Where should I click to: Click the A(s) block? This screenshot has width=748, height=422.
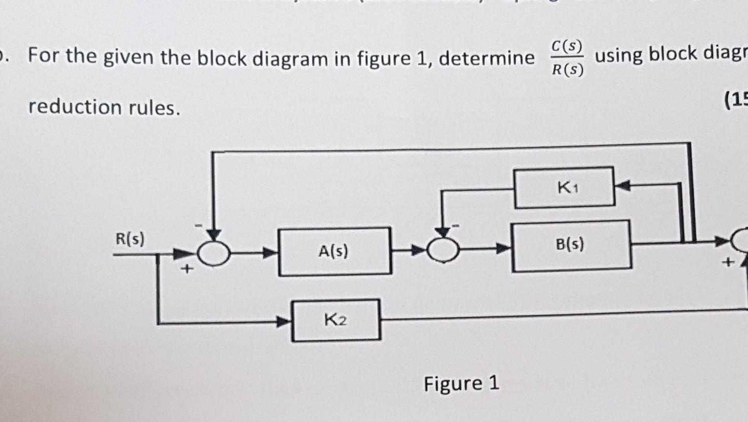point(335,252)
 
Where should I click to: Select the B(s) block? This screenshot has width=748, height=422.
point(571,245)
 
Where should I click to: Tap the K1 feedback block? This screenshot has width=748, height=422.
point(564,187)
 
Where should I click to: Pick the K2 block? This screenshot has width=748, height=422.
point(336,320)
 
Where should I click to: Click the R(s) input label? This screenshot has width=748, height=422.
point(130,240)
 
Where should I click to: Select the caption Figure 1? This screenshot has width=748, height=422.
point(461,384)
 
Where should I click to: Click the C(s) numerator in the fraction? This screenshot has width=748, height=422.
point(565,47)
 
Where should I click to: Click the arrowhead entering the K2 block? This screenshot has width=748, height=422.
point(285,322)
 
